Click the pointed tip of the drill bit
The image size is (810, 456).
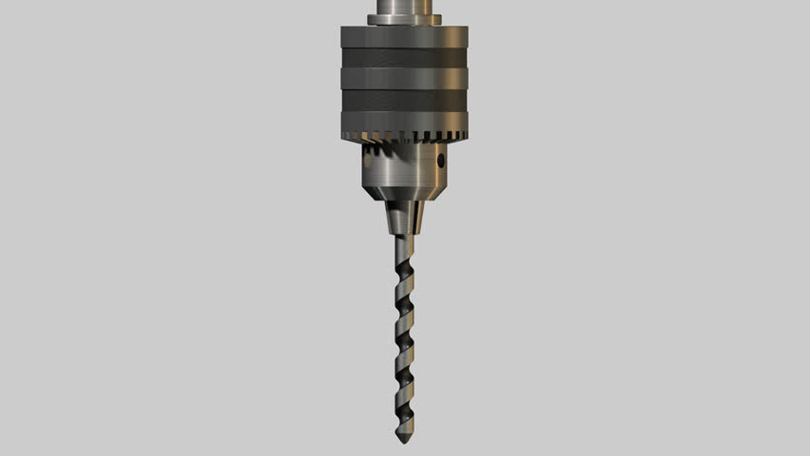404,440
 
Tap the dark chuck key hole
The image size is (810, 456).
440,161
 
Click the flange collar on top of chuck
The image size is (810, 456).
404,19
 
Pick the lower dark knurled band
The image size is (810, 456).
404,100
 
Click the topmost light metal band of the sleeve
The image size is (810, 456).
404,36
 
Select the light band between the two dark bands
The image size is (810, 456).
404,78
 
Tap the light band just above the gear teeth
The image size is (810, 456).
404,121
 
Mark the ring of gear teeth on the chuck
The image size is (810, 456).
404,138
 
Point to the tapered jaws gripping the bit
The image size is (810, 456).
404,218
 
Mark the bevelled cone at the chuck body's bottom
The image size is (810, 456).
404,194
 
